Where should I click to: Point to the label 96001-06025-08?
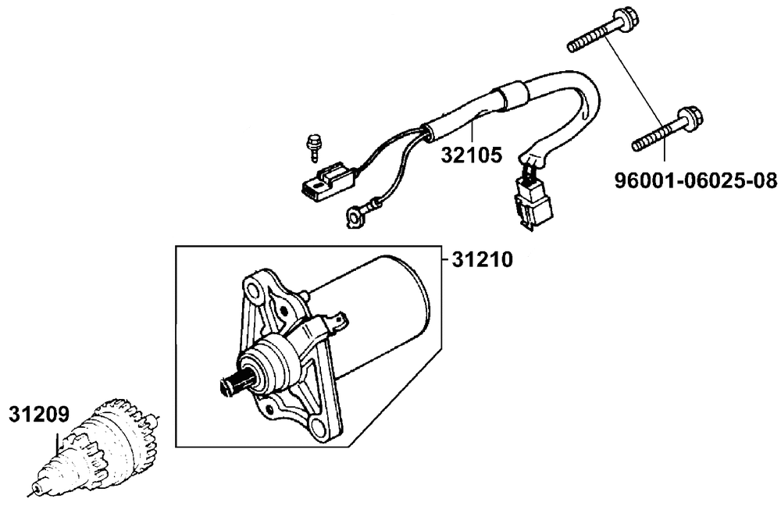point(697,182)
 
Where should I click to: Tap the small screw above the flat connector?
point(312,144)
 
